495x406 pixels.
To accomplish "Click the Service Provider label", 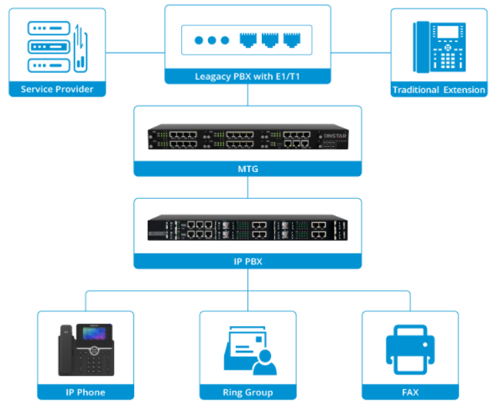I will (x=57, y=90).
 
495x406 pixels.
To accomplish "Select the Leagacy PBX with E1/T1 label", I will (x=247, y=77).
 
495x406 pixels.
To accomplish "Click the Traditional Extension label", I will (x=438, y=90).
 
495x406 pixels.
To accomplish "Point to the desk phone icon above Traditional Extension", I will (x=438, y=48).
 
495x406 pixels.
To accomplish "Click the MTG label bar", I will (x=247, y=169).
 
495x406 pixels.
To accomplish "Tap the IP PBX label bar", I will (x=247, y=262).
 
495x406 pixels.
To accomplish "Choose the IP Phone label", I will (x=85, y=392).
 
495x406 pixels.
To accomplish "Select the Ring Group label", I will (x=247, y=392).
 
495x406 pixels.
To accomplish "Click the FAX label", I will (x=409, y=392).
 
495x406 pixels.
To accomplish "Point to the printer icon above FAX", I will (x=409, y=348).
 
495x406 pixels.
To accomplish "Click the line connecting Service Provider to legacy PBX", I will (x=135, y=52).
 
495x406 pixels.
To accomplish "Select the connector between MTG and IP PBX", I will (x=247, y=187).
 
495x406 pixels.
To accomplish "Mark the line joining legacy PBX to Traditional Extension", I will (x=361, y=52).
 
